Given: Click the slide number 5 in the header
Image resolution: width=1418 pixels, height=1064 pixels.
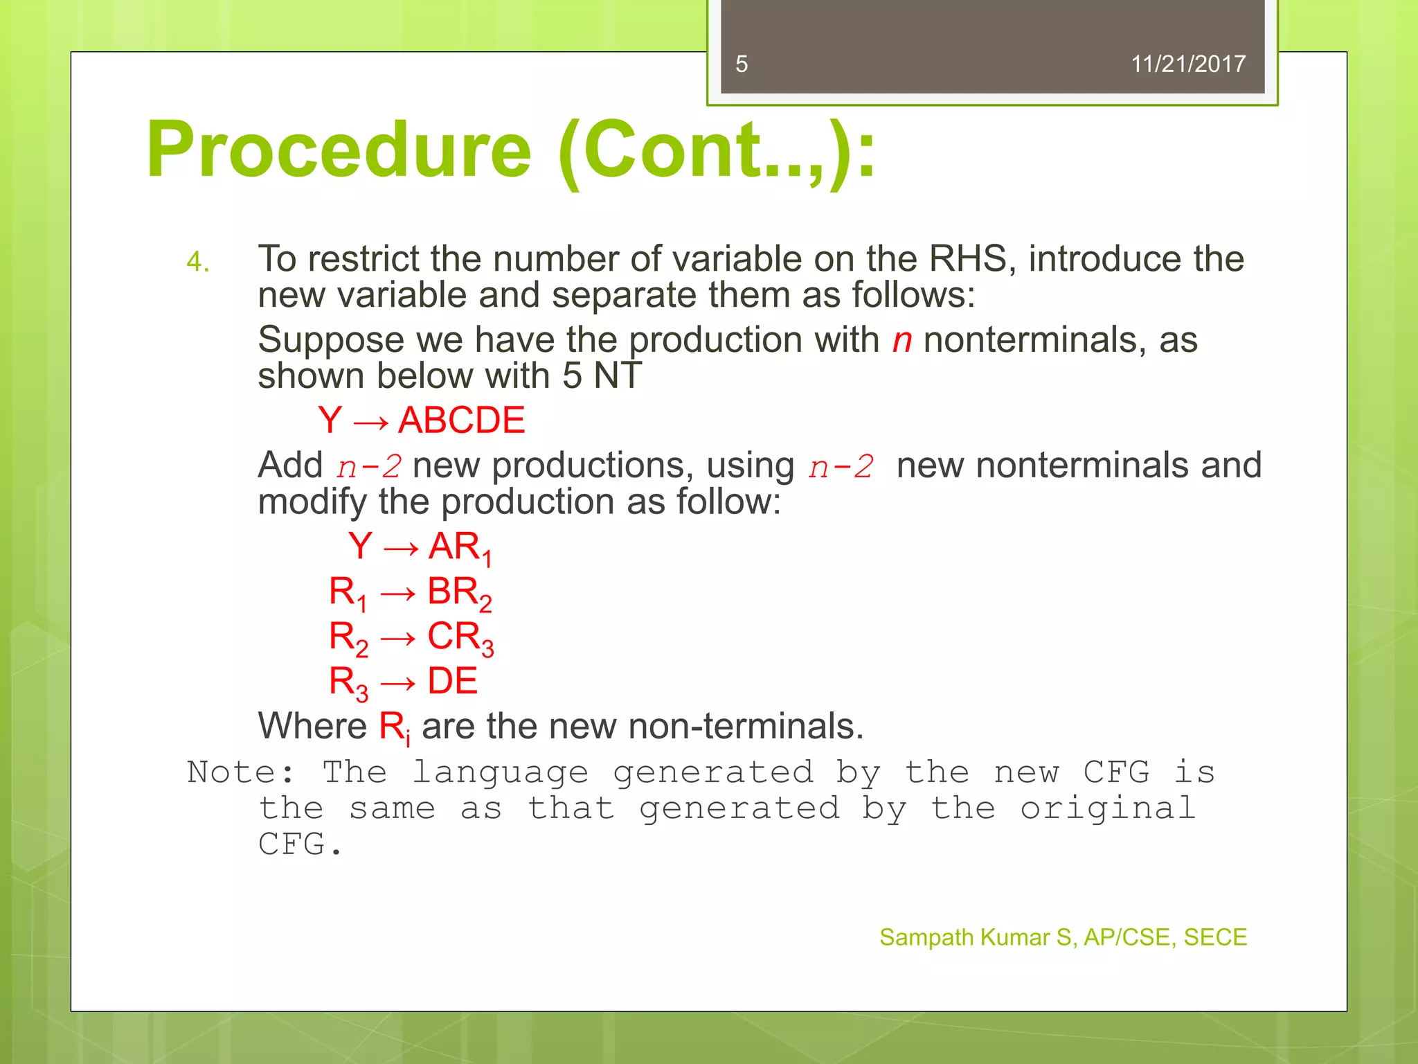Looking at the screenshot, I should [x=742, y=64].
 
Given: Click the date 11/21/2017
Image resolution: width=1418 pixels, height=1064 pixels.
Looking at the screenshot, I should [x=1187, y=64].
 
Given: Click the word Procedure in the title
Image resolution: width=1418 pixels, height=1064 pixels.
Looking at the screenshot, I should [x=339, y=150].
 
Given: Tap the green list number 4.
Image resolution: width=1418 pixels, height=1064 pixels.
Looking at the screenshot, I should [x=197, y=263].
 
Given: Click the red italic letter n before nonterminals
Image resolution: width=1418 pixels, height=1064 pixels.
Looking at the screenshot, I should [x=901, y=340].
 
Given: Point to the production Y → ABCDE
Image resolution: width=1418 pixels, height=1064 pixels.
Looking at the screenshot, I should [x=421, y=420].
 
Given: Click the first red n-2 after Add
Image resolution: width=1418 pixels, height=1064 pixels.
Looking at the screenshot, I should [x=369, y=466].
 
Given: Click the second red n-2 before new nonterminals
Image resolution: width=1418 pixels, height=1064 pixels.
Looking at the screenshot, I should [x=841, y=466].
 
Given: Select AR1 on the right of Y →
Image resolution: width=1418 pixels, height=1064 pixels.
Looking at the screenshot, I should [x=460, y=548].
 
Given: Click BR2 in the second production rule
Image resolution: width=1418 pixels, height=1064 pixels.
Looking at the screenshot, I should [x=459, y=593].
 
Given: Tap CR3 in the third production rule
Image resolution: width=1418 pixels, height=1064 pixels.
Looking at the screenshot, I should [x=460, y=637].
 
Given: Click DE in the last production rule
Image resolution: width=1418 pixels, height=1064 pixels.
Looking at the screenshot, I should [x=452, y=681].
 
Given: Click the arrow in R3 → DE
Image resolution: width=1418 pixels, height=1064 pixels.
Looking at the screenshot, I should [x=398, y=684].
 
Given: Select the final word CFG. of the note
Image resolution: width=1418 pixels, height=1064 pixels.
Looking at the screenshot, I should [x=300, y=844].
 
